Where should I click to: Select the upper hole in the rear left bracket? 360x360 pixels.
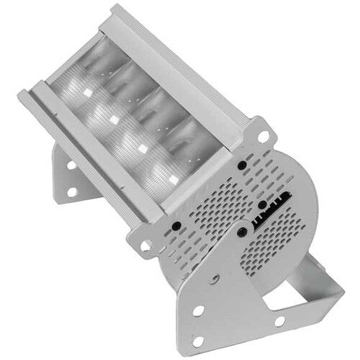pos(71,165)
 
